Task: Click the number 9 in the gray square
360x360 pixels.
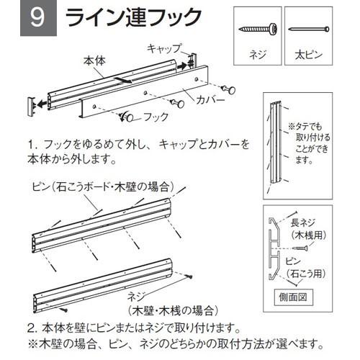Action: click(38, 18)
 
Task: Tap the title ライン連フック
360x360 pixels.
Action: click(133, 17)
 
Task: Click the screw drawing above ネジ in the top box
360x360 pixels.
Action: click(258, 29)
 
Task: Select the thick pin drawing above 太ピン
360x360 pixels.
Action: click(309, 30)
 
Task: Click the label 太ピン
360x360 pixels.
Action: click(308, 55)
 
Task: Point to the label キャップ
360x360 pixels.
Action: click(164, 48)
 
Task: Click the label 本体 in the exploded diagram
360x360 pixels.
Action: click(94, 61)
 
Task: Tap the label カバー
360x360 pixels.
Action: click(210, 100)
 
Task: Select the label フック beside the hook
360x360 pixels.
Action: click(156, 117)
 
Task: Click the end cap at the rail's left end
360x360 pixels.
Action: click(32, 107)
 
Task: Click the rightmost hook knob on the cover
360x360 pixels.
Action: click(229, 89)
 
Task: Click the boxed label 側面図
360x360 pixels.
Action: click(293, 297)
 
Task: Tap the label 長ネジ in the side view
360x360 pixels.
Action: click(303, 222)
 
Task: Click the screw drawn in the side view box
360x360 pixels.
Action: click(300, 248)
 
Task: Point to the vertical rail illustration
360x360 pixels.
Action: click(276, 143)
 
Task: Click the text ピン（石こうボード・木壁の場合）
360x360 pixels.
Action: click(103, 187)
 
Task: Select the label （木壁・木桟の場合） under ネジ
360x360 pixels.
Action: click(173, 310)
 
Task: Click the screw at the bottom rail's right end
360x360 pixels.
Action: click(189, 276)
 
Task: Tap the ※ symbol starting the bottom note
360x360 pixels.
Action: click(32, 345)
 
